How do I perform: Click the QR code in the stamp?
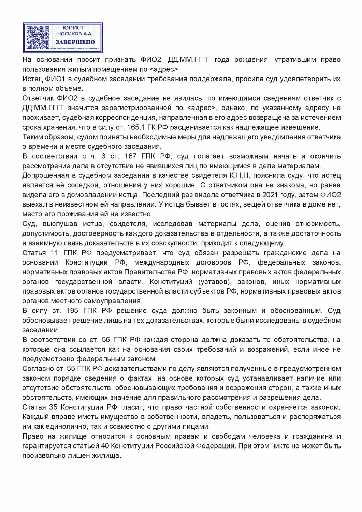tap(38, 38)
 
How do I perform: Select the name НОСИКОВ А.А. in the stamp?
tap(75, 34)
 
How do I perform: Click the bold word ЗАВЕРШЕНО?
tap(75, 42)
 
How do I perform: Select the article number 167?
tap(131, 156)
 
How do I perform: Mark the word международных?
tap(161, 262)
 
